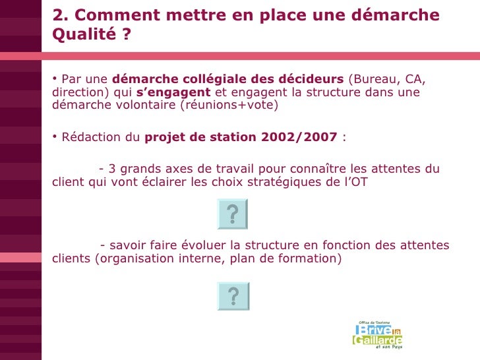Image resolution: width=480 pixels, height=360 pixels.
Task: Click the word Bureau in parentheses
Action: [x=375, y=80]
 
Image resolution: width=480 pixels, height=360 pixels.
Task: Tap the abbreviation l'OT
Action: [x=357, y=181]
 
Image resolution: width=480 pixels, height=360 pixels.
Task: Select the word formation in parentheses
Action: [x=307, y=258]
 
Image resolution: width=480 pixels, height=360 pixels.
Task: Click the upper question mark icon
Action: [x=232, y=214]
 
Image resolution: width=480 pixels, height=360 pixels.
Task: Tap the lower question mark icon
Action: [x=232, y=297]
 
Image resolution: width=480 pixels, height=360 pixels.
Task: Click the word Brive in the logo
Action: [x=374, y=330]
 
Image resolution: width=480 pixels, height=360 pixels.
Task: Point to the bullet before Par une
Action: [x=54, y=80]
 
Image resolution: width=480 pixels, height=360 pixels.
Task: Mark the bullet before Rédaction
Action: [x=54, y=137]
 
